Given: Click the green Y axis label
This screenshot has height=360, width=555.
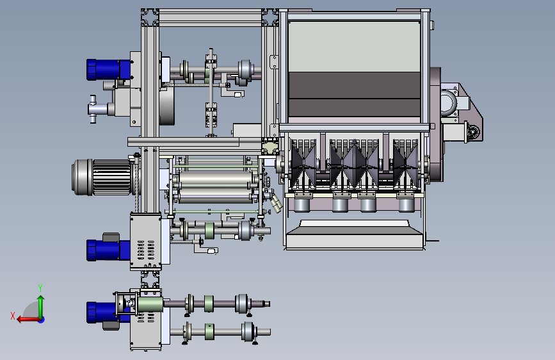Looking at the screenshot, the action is point(40,288).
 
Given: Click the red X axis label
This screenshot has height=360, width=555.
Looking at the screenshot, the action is point(13,316).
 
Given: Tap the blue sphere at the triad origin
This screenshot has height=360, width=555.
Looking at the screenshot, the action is point(42,320).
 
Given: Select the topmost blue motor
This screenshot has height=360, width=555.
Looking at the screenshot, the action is point(108,70).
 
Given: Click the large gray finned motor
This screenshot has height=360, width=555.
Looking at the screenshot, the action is point(103,177).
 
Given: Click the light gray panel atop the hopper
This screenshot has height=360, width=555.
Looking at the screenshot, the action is point(354,47).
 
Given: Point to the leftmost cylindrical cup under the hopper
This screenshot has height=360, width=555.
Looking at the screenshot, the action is point(302,205).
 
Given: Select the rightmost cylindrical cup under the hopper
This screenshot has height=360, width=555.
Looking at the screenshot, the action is point(406,205).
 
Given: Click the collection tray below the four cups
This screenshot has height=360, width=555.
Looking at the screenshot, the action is point(354,235).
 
